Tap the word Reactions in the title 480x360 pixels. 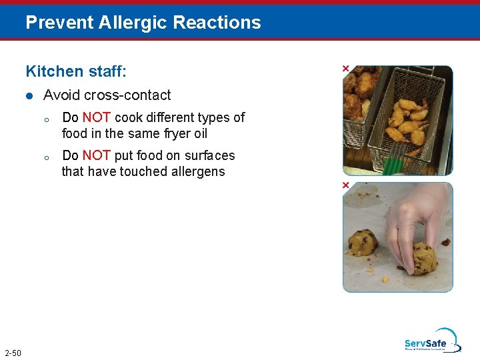click(217, 23)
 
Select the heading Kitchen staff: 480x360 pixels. click(76, 71)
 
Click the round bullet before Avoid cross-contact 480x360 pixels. click(29, 96)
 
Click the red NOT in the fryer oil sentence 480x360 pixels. click(97, 117)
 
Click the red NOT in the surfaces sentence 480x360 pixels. click(97, 155)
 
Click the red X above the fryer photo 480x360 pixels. click(345, 69)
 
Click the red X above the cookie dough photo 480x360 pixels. click(345, 185)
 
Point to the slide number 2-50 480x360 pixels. click(12, 353)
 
